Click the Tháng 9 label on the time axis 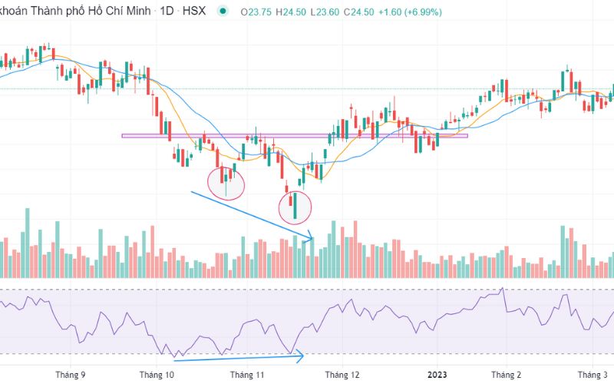(71, 375)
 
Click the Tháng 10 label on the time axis (159, 375)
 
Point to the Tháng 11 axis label (247, 375)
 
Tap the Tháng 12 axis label (342, 375)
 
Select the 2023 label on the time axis (437, 375)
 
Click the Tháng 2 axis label (506, 375)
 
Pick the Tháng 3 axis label (592, 375)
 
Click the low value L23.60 (327, 12)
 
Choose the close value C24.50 (364, 12)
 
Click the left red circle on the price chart (226, 182)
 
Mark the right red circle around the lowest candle (294, 206)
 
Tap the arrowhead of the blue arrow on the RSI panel (303, 355)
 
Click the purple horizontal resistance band (295, 137)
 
